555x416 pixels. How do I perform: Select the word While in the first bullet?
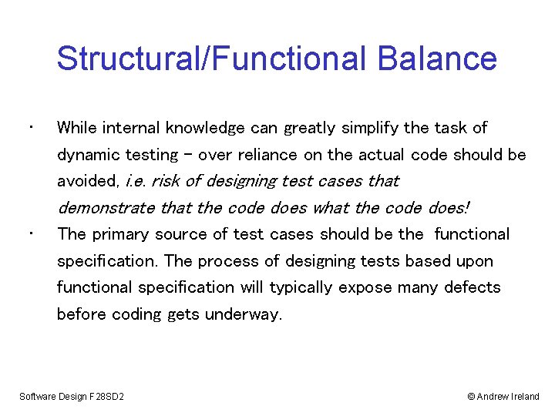tap(76, 128)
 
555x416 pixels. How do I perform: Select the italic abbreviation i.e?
tap(136, 181)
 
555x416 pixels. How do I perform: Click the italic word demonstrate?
tap(106, 208)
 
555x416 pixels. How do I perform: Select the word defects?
tap(472, 287)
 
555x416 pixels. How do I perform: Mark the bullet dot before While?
tap(28, 126)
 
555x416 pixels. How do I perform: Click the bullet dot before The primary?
tap(28, 233)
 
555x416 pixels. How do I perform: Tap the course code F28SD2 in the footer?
tap(109, 397)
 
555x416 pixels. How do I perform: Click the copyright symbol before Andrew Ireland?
tap(471, 397)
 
